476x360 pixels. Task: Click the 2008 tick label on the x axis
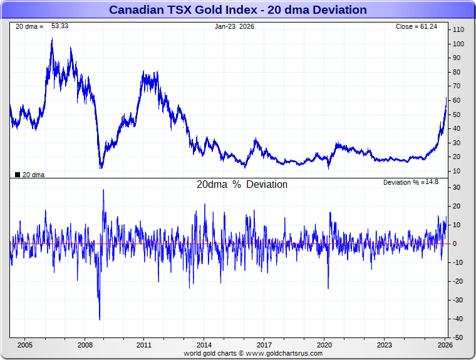click(x=85, y=345)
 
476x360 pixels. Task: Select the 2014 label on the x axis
click(x=204, y=345)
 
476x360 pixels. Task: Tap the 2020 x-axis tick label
click(x=324, y=345)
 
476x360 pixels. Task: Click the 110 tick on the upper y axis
click(x=458, y=30)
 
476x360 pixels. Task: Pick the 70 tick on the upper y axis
click(x=458, y=86)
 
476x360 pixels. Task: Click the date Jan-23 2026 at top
click(x=235, y=27)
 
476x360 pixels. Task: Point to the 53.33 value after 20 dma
click(x=59, y=26)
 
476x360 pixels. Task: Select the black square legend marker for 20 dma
click(x=18, y=175)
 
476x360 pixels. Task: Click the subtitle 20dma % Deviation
click(x=242, y=185)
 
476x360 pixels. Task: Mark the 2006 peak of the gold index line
click(x=52, y=39)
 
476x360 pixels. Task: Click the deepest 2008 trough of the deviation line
click(x=100, y=320)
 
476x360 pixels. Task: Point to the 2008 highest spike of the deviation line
click(x=103, y=190)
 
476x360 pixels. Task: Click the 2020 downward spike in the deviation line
click(x=328, y=289)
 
